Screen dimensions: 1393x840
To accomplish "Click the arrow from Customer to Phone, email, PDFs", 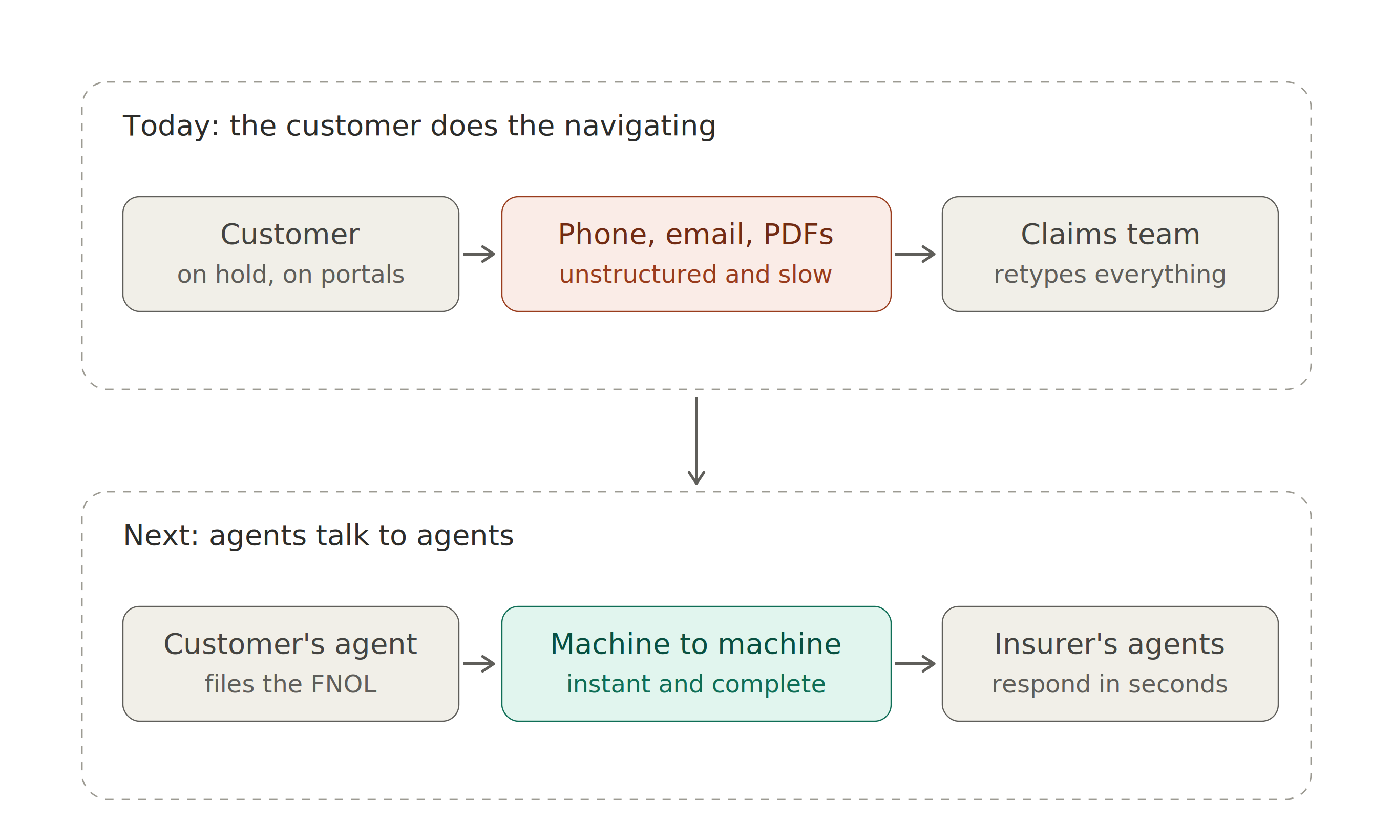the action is click(x=479, y=254).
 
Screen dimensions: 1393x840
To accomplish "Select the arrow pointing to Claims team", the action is click(x=915, y=254).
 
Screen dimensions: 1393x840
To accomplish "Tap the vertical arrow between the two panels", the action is click(x=696, y=441).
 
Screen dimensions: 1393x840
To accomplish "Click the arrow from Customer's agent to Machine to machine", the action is click(x=479, y=664).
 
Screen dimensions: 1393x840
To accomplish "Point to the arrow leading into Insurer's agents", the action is click(x=915, y=664).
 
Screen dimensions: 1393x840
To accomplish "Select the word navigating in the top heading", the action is click(x=640, y=126).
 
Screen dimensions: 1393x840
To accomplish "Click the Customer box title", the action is click(x=290, y=234).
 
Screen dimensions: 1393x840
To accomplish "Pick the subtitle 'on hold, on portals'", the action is click(x=290, y=275).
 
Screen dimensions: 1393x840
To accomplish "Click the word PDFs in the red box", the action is click(x=798, y=234).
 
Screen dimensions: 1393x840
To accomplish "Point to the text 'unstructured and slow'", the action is click(x=695, y=274).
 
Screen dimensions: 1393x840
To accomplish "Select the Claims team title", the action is click(x=1110, y=234).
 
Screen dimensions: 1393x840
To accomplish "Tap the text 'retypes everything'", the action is click(x=1110, y=275).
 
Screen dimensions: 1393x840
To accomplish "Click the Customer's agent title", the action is click(x=290, y=644).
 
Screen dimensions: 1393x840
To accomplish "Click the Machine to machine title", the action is click(x=695, y=644).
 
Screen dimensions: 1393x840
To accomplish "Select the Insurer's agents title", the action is click(x=1109, y=644).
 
